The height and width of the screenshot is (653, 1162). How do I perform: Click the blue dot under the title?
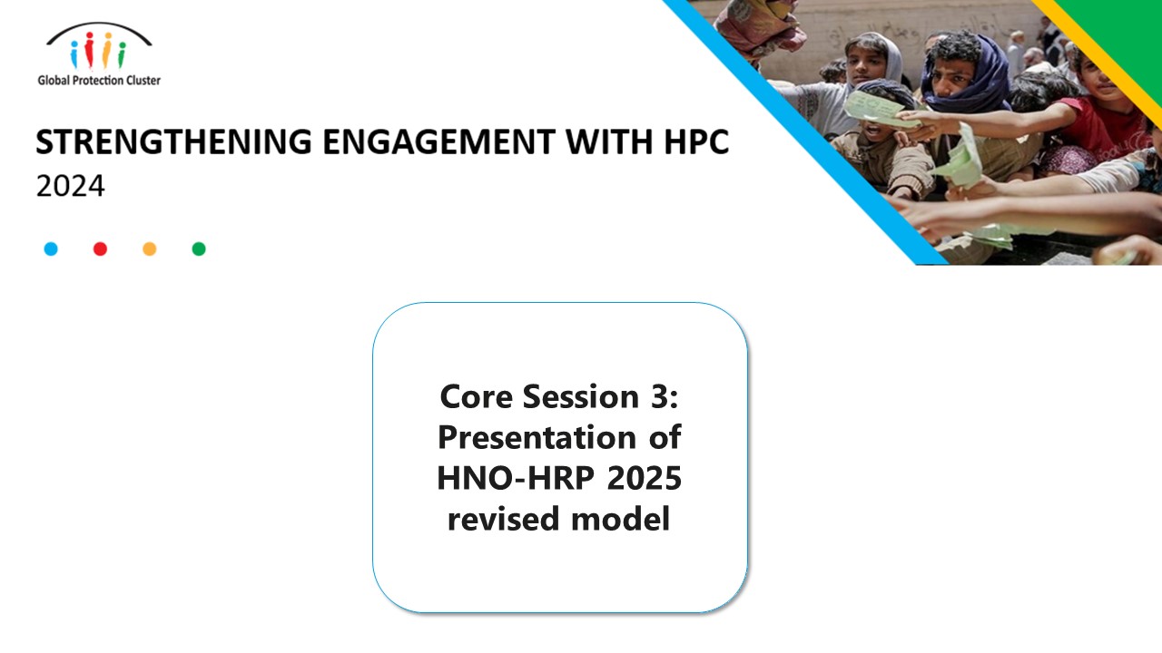click(x=51, y=249)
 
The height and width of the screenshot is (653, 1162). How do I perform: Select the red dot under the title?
click(x=100, y=249)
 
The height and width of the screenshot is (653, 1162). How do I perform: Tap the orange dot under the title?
click(x=150, y=249)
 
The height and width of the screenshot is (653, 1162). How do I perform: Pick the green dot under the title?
click(x=199, y=249)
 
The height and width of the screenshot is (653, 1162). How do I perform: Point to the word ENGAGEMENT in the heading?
click(x=404, y=143)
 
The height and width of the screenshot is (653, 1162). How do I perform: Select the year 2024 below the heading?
click(x=70, y=186)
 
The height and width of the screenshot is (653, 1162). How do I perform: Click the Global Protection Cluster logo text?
click(x=99, y=81)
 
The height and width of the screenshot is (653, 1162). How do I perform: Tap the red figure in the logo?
click(x=92, y=53)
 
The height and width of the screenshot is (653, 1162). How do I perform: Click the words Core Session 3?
click(x=559, y=396)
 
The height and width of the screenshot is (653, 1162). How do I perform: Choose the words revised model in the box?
click(x=559, y=519)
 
